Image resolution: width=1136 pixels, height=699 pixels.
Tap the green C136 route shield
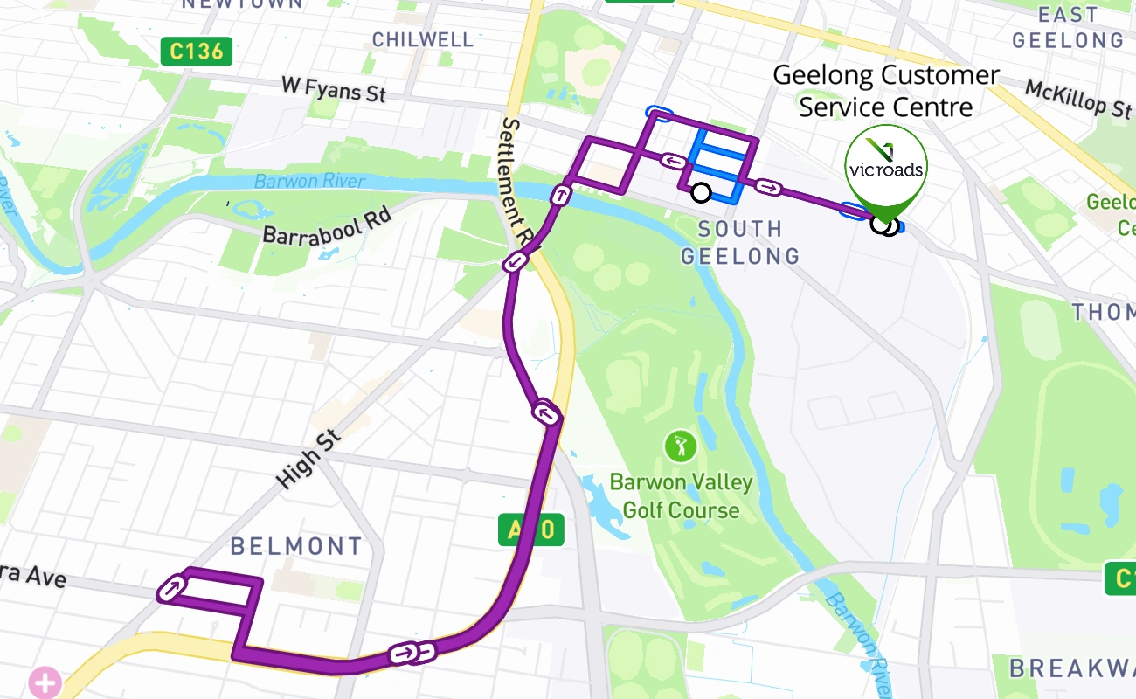click(197, 51)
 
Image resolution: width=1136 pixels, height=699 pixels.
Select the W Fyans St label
click(334, 88)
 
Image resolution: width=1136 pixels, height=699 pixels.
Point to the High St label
click(307, 457)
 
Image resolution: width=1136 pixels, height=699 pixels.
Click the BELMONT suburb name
click(295, 547)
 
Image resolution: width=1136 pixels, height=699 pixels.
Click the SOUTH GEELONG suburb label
click(740, 242)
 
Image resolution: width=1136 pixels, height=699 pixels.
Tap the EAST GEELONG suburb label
click(1068, 27)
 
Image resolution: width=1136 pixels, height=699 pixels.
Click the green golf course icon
click(680, 446)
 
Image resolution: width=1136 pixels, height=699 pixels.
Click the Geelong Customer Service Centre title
click(885, 91)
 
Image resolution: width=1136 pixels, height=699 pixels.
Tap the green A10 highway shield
click(530, 529)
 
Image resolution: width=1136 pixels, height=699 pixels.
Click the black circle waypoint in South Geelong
click(700, 192)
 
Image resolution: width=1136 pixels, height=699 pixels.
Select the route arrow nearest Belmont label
click(172, 588)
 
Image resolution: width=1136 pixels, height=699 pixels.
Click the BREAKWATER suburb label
click(1073, 668)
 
